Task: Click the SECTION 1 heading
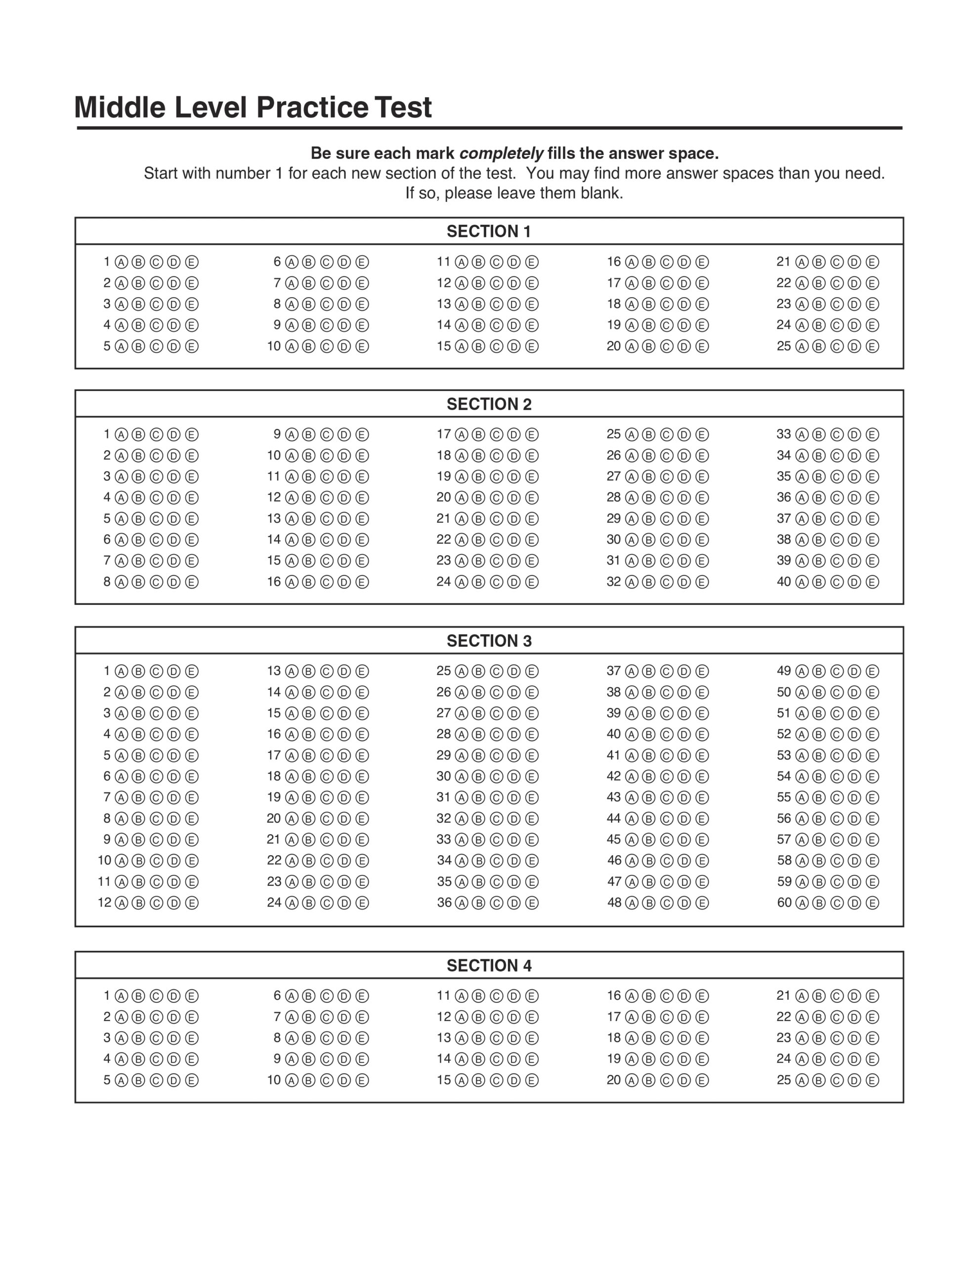click(x=488, y=232)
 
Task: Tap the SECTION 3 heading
click(x=488, y=641)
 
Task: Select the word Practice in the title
click(x=311, y=107)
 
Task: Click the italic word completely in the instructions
click(x=501, y=154)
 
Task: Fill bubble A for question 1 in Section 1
click(x=121, y=262)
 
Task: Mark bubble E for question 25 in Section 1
click(x=872, y=346)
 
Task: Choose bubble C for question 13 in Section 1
click(x=496, y=304)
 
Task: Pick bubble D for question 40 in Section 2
click(x=854, y=582)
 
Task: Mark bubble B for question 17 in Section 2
click(x=478, y=434)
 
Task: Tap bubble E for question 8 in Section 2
click(x=192, y=582)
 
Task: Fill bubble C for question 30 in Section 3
click(x=496, y=776)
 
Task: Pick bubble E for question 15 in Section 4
click(x=532, y=1080)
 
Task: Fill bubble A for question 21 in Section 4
click(x=802, y=996)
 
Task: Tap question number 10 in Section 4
click(x=274, y=1080)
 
